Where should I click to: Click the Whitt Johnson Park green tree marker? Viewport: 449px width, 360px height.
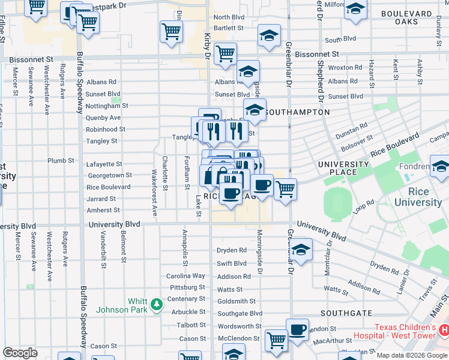click(157, 305)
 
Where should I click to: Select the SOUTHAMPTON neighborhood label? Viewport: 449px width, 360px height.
click(297, 112)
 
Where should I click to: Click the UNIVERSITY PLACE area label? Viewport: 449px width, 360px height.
click(343, 169)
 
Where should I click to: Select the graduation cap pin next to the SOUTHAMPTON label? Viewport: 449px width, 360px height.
click(255, 110)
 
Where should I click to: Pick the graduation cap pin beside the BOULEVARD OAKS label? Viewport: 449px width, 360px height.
click(355, 10)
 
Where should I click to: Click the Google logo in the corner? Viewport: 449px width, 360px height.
click(20, 352)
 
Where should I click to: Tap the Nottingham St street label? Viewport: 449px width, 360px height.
click(106, 106)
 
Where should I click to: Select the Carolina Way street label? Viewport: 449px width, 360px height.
click(185, 276)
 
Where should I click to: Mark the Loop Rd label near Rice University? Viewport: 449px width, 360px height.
click(364, 208)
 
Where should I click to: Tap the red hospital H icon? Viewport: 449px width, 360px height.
click(444, 330)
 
